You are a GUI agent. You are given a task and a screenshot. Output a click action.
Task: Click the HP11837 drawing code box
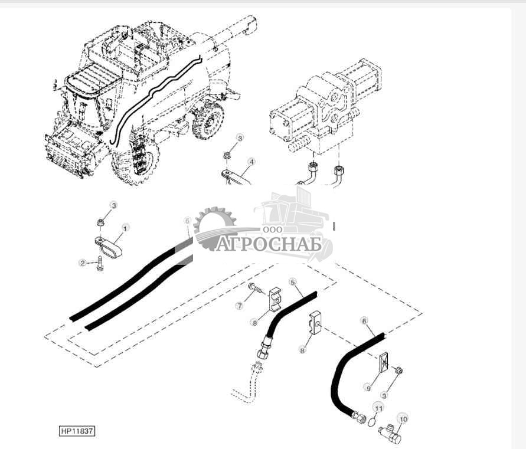tap(77, 431)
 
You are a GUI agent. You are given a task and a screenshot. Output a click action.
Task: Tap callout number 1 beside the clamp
tap(125, 227)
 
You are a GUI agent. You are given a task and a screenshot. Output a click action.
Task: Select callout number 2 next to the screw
tap(83, 262)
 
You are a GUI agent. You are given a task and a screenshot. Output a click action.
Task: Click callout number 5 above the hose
tap(292, 282)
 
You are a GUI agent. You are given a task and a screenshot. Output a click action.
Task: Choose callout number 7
tap(240, 306)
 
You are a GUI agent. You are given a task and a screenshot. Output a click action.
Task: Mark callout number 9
tap(368, 388)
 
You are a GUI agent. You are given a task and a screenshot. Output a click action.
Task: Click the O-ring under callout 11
tap(370, 422)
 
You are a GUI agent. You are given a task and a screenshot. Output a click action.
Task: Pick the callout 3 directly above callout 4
tap(239, 137)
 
